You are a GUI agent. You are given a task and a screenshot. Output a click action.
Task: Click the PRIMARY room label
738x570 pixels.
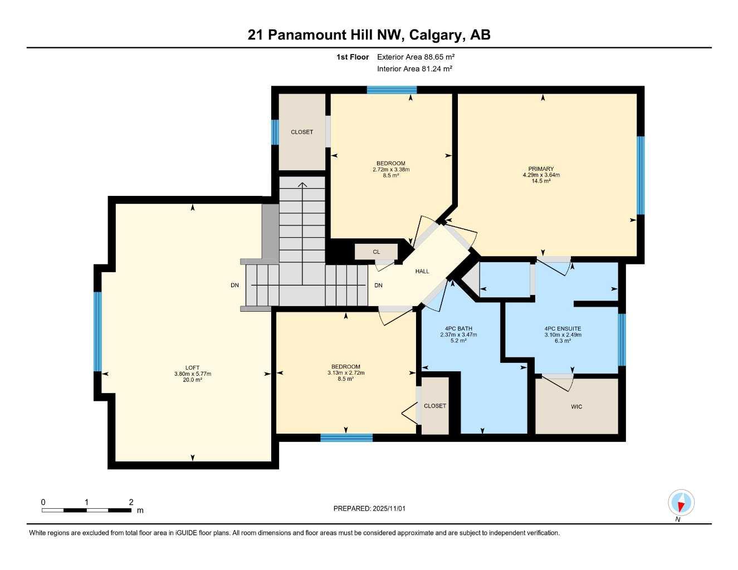coord(541,169)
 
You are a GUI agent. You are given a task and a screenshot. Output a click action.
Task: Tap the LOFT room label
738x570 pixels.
coord(192,367)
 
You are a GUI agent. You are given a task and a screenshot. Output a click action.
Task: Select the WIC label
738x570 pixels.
coord(576,407)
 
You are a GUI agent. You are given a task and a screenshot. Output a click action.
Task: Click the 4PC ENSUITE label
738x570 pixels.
coord(563,328)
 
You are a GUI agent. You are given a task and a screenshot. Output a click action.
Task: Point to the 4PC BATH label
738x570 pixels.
coord(458,328)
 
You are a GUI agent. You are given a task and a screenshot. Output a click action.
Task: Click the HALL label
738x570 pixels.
coord(422,271)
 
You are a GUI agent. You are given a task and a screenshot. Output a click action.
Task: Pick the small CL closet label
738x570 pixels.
coord(377,252)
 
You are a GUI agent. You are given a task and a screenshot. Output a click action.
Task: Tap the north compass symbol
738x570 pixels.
coord(681,503)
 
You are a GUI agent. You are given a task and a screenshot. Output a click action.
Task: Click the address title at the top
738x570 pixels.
coord(369,35)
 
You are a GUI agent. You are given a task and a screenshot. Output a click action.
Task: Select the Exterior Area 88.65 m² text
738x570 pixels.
coord(416,57)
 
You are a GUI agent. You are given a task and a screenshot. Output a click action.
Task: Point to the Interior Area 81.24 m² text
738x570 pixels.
coord(414,69)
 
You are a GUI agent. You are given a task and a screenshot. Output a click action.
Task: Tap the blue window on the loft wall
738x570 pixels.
coord(98,331)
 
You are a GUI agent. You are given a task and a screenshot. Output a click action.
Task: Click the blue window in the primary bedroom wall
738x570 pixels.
coord(641,175)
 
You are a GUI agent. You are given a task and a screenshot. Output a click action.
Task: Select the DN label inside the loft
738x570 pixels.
coord(235,286)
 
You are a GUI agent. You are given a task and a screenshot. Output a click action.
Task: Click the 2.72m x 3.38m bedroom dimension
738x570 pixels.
coord(391,169)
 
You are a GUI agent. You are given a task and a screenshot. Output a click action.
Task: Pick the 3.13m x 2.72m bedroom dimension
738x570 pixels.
coord(346,372)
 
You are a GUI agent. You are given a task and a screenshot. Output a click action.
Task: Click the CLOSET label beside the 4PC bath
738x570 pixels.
coord(435,406)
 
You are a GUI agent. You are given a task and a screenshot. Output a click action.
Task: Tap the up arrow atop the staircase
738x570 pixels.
coord(302,185)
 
